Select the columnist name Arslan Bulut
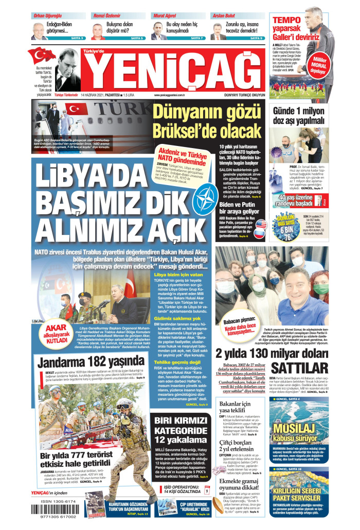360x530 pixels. [x=226, y=16]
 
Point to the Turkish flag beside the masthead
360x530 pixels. [x=40, y=55]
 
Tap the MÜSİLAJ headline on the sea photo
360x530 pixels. [x=298, y=430]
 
